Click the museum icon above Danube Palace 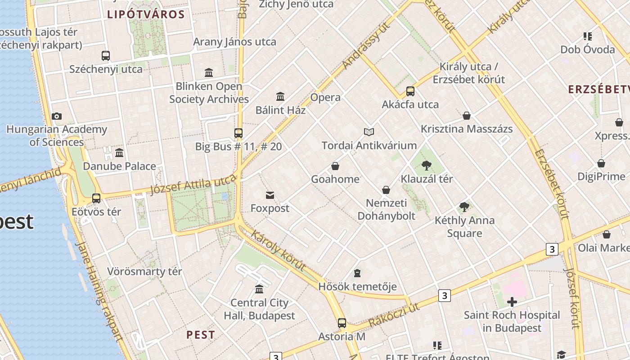(x=119, y=153)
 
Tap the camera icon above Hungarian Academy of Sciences (x=56, y=117)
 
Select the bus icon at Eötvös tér (x=96, y=198)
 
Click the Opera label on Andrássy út (x=325, y=97)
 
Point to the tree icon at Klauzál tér (x=427, y=166)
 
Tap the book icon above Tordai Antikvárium (x=369, y=132)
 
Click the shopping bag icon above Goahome (x=335, y=166)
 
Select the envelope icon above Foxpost (x=270, y=195)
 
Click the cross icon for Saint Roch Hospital (x=512, y=302)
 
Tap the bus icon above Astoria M (x=342, y=323)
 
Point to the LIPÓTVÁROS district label (x=146, y=14)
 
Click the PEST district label (x=201, y=335)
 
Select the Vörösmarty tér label (x=144, y=271)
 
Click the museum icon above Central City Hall (x=259, y=289)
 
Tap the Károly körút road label (x=278, y=251)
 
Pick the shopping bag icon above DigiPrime (x=601, y=163)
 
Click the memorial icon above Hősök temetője (x=357, y=273)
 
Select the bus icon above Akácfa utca (x=410, y=91)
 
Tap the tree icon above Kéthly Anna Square (x=464, y=207)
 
